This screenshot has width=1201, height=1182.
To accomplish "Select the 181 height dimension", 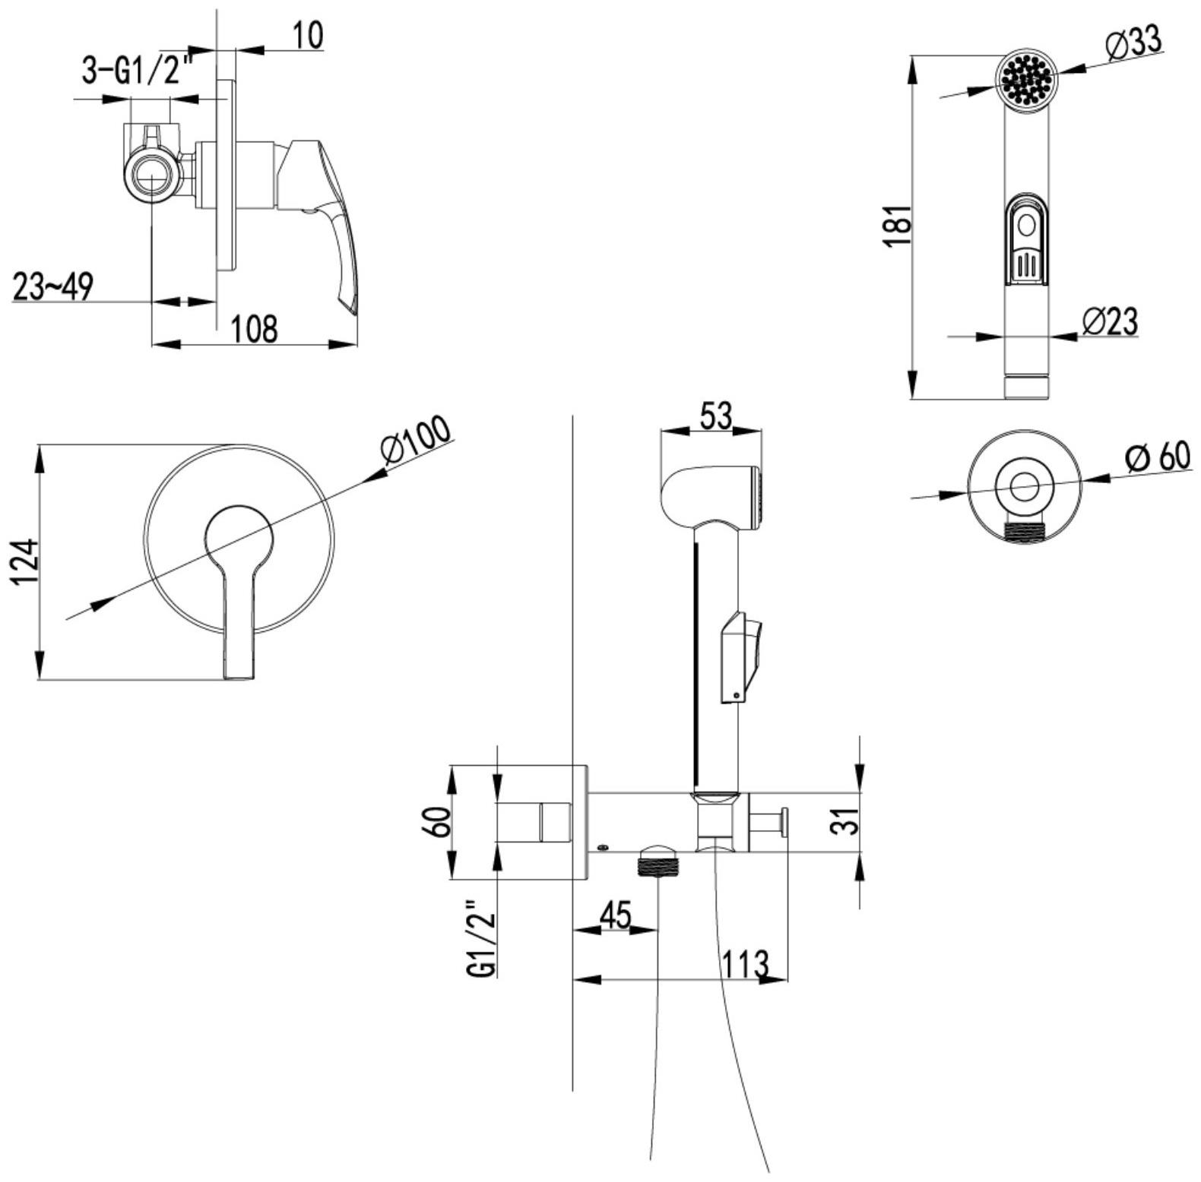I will [899, 225].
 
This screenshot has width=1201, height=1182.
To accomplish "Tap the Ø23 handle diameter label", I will [1109, 321].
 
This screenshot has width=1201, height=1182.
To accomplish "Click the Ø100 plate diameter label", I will [416, 441].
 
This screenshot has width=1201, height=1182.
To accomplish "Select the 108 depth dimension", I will [254, 329].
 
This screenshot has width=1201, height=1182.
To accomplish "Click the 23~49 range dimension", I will [52, 286].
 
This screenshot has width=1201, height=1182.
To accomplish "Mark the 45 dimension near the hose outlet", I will [615, 915].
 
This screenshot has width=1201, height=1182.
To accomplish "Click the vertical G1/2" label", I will [483, 939].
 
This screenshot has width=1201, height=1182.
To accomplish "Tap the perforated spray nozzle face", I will [1026, 77].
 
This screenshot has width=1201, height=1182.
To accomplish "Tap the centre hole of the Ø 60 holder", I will [1025, 484].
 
